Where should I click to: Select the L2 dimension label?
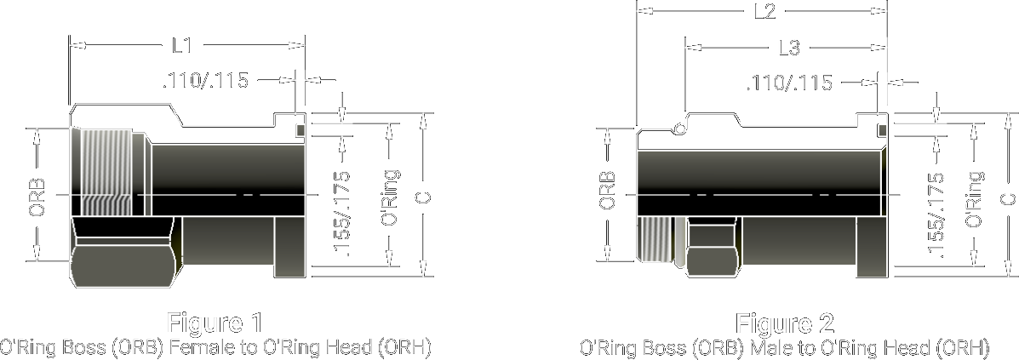pyautogui.click(x=764, y=12)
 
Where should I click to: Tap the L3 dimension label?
pyautogui.click(x=789, y=49)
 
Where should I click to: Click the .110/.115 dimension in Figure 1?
pyautogui.click(x=205, y=81)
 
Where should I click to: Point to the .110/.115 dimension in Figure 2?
pyautogui.click(x=789, y=83)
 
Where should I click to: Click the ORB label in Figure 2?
pyautogui.click(x=607, y=191)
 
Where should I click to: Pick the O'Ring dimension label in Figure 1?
pyautogui.click(x=390, y=197)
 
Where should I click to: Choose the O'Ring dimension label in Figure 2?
pyautogui.click(x=975, y=198)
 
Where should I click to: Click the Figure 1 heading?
pyautogui.click(x=215, y=323)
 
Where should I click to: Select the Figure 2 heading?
pyautogui.click(x=784, y=324)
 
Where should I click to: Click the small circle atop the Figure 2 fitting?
pyautogui.click(x=678, y=128)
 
